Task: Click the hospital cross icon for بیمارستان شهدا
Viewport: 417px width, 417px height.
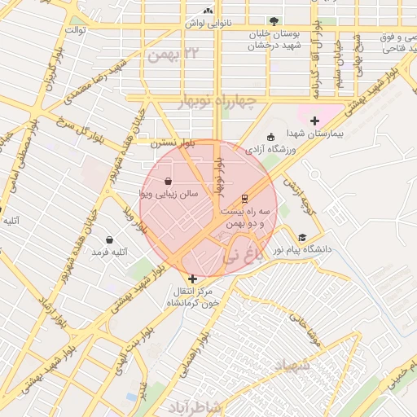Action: point(315,121)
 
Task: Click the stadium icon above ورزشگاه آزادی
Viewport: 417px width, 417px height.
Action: point(270,137)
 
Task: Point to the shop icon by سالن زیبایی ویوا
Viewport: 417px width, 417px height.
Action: point(168,181)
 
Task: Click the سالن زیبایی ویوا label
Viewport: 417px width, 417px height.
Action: point(167,195)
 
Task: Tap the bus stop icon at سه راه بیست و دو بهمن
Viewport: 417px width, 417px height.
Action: point(244,198)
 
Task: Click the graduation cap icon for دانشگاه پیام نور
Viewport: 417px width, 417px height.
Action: point(302,238)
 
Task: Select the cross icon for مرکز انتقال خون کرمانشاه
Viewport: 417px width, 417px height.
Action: point(192,279)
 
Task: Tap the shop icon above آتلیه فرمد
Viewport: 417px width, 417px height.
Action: point(110,240)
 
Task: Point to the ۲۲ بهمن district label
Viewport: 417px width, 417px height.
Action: point(173,54)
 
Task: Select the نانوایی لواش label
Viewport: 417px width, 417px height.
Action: point(208,23)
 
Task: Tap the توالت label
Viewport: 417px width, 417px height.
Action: point(76,30)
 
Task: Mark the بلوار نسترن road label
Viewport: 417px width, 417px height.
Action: point(167,143)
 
